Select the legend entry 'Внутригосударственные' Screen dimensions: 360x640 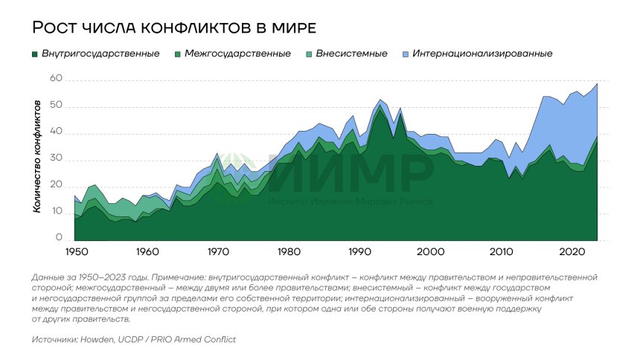(100, 54)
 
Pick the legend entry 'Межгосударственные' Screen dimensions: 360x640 (237, 54)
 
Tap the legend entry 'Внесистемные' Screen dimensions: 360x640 (351, 54)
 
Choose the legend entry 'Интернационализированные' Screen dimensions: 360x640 (482, 54)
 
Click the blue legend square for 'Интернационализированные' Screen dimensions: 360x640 (405, 54)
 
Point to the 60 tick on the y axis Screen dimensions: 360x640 (55, 79)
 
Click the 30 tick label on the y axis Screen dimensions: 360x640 (55, 159)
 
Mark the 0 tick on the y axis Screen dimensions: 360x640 (58, 239)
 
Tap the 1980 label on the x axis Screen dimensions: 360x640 (289, 251)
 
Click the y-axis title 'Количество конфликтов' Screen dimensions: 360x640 (36, 159)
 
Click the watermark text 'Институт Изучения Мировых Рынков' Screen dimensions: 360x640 (351, 201)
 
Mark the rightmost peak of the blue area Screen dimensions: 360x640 (597, 84)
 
